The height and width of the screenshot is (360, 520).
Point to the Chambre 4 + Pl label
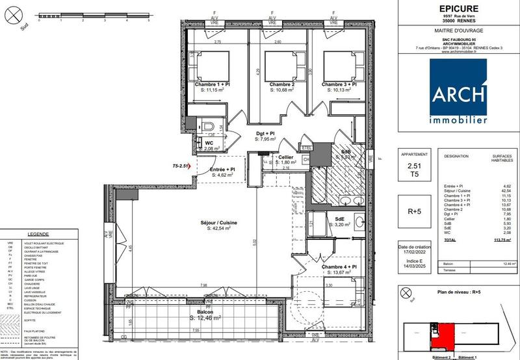coord(338,268)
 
